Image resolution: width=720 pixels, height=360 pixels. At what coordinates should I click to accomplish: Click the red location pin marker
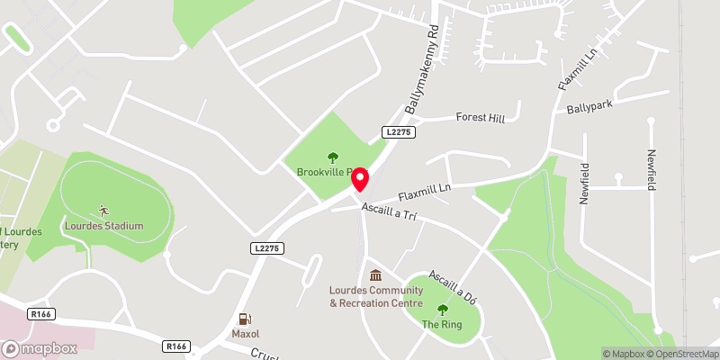360,179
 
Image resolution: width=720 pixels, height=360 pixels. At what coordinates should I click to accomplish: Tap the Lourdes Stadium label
103,225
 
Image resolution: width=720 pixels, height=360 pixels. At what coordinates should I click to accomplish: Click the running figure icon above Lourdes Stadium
103,210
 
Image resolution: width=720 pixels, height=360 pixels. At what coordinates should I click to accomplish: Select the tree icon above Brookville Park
333,157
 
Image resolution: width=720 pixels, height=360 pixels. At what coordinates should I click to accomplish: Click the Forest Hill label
481,117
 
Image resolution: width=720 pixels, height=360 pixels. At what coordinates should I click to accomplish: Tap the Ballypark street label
589,107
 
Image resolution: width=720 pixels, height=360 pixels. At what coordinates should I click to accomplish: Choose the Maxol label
244,333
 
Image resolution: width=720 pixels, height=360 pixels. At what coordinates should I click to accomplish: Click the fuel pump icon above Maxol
244,318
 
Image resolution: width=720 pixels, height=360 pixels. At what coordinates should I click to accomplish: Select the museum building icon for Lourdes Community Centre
375,275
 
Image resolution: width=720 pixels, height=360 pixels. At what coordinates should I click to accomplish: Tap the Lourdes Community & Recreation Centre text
375,297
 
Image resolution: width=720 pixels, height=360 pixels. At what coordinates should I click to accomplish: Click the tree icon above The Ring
441,309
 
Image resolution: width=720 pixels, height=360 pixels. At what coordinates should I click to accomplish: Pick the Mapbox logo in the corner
39,348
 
